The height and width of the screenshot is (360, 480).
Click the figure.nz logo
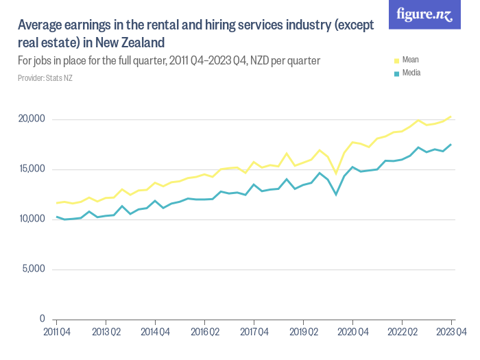click(x=424, y=14)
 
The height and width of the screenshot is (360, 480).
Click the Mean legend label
click(x=410, y=60)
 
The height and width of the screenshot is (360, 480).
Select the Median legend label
click(x=411, y=72)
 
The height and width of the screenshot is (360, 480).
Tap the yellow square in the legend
click(x=396, y=60)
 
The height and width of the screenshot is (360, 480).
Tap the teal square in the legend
click(x=396, y=73)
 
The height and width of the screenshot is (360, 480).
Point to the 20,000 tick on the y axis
click(x=31, y=119)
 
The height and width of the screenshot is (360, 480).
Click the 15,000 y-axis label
click(x=31, y=169)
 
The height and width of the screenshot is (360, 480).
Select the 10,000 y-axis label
click(x=31, y=219)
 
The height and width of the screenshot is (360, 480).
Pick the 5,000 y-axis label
click(x=33, y=269)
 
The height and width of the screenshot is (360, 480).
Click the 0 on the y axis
click(x=42, y=319)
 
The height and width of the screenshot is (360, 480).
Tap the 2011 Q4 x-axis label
click(x=56, y=332)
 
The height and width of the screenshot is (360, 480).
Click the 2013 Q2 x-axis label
click(x=106, y=332)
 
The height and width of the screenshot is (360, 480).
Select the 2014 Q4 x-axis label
click(x=155, y=332)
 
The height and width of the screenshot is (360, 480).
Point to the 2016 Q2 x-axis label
click(x=204, y=332)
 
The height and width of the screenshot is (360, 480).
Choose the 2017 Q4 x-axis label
click(x=254, y=332)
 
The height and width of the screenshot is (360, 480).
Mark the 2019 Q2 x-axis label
click(x=303, y=332)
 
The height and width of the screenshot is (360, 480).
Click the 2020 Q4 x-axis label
click(x=352, y=332)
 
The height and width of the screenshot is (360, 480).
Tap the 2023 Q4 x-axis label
click(x=451, y=332)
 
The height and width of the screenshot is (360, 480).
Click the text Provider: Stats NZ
click(x=45, y=78)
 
